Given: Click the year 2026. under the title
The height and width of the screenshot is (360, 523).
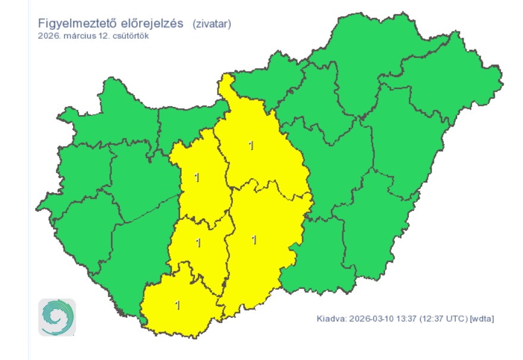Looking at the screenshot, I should pos(48,36).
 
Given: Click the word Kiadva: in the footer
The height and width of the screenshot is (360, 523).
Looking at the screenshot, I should pos(331,319).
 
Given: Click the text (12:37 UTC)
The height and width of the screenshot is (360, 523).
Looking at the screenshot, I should pos(443,319).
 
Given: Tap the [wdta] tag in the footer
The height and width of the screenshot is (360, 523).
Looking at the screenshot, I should pos(482,319).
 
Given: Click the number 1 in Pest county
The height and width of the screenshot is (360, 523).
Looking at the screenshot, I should pos(251,145).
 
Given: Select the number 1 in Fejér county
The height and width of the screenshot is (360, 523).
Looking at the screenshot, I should pos(197,177).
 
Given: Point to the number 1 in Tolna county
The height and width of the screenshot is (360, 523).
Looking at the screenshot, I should pos(198,242).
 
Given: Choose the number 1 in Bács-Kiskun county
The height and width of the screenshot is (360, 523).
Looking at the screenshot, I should pos(254,240).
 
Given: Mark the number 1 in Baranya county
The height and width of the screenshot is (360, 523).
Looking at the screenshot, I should pos(177,305).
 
